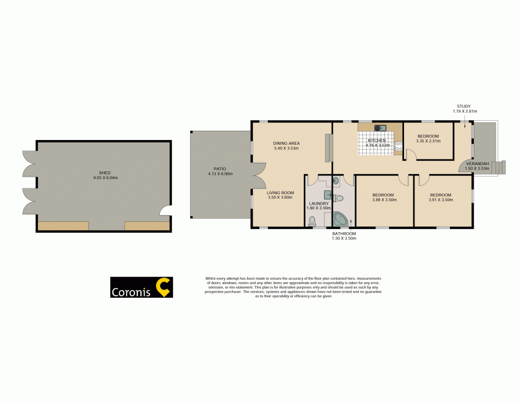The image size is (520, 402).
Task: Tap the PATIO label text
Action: tap(219, 168)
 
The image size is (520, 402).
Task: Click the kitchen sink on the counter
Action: tap(379, 128)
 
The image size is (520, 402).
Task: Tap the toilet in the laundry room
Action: tap(312, 221)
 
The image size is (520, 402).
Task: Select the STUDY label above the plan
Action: tap(464, 106)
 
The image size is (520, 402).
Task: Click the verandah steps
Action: tap(499, 168)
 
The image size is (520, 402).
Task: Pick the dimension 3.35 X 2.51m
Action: tap(428, 141)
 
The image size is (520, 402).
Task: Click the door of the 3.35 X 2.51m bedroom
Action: tap(410, 155)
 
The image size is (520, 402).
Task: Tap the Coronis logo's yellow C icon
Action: tap(164, 287)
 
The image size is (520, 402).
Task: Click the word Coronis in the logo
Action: tap(131, 292)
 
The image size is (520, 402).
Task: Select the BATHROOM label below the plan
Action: tap(344, 234)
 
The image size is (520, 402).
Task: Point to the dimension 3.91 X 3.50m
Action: tap(440, 200)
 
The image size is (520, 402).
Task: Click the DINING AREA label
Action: tap(287, 143)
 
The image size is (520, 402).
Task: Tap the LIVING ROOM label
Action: tap(281, 193)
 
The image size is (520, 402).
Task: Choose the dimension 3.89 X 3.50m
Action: tap(383, 200)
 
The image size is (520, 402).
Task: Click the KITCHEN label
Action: tap(376, 141)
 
